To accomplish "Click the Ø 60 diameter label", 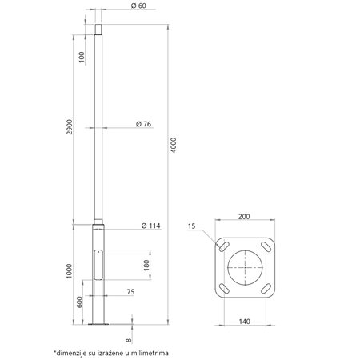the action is click(x=138, y=6).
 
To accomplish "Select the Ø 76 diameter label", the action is click(x=143, y=124).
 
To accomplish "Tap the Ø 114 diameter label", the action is click(x=151, y=226).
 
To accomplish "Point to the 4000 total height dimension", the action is click(x=174, y=145).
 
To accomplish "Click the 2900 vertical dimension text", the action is click(x=70, y=127).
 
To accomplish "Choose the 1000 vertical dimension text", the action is click(x=70, y=271).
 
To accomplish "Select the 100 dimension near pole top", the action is click(x=82, y=57).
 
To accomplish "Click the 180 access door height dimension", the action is click(x=146, y=266).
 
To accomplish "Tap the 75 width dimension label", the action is click(x=130, y=292).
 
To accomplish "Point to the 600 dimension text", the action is click(x=80, y=302).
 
